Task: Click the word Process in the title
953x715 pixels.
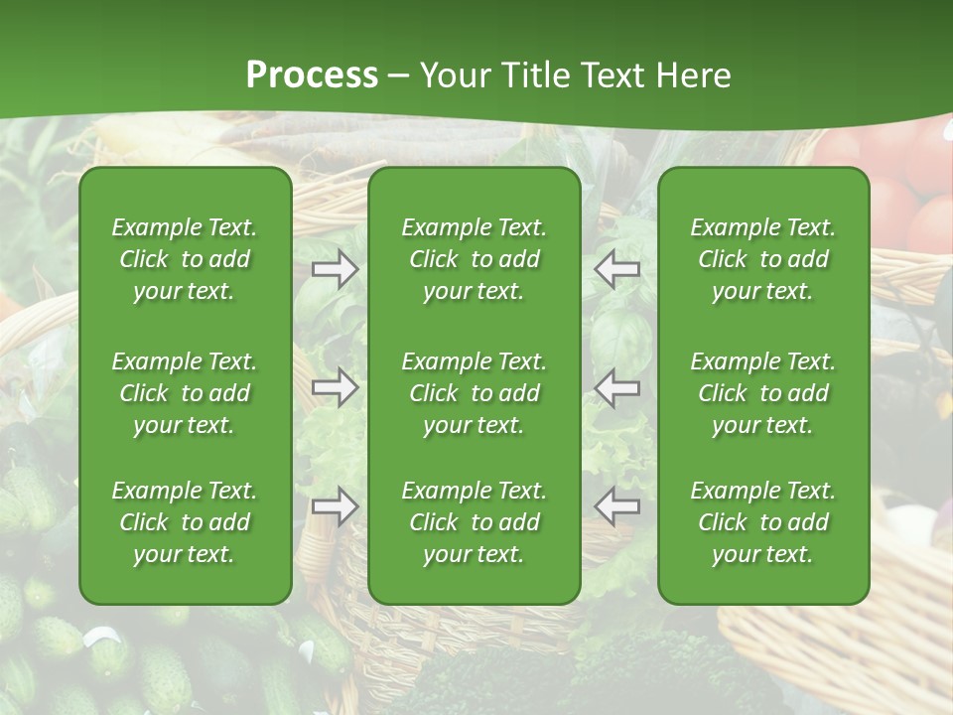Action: click(x=312, y=75)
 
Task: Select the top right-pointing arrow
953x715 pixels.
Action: click(x=336, y=269)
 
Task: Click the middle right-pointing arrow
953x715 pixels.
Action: click(x=336, y=387)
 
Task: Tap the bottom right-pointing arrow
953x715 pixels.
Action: click(x=336, y=506)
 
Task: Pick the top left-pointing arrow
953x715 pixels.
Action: click(x=616, y=269)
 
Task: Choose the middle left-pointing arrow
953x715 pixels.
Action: click(x=616, y=387)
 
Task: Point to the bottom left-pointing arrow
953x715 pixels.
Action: click(x=616, y=506)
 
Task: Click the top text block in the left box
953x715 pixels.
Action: click(x=185, y=259)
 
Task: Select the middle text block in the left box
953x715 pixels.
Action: click(x=185, y=393)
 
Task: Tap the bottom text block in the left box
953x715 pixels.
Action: click(x=185, y=522)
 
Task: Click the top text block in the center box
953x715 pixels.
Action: click(x=474, y=259)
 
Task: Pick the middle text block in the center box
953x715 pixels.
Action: click(x=474, y=393)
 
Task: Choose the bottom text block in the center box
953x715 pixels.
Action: click(x=474, y=522)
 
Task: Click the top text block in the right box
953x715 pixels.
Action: click(x=762, y=259)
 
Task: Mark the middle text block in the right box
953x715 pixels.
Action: click(x=762, y=393)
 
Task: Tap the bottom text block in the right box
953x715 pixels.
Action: click(x=762, y=522)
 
